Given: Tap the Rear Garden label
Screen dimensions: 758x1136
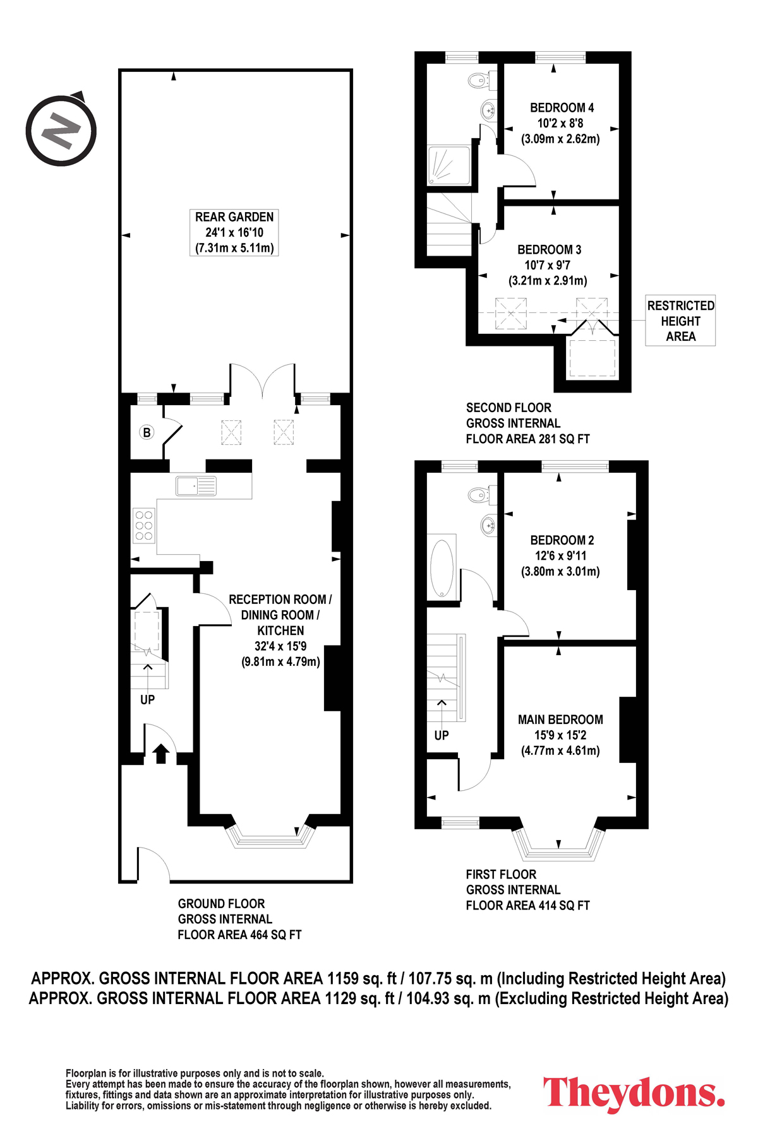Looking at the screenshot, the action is click(234, 217).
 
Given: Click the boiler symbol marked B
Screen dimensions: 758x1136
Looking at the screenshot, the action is click(147, 432).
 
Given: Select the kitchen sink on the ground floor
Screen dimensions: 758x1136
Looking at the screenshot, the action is click(196, 486).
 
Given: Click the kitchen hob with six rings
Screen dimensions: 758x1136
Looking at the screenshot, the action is click(144, 526).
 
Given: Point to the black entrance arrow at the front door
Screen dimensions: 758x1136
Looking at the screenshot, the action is click(161, 753).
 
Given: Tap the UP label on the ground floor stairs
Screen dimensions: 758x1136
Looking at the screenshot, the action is click(147, 700).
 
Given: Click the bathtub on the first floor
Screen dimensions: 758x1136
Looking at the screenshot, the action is click(442, 567).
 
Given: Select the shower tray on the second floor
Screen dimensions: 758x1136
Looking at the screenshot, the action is click(449, 165).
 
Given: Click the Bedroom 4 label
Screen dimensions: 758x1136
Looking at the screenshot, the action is click(562, 108).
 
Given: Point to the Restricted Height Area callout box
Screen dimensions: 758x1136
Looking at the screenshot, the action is click(680, 321).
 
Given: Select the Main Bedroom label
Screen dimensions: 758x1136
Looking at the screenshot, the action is click(560, 719).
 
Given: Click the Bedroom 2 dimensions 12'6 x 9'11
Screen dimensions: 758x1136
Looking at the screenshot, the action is click(561, 556).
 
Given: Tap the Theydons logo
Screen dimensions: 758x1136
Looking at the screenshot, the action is click(634, 1094).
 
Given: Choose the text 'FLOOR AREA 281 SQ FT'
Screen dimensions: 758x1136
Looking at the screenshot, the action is click(528, 439).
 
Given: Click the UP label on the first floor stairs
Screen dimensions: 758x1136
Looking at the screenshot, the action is click(442, 735).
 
